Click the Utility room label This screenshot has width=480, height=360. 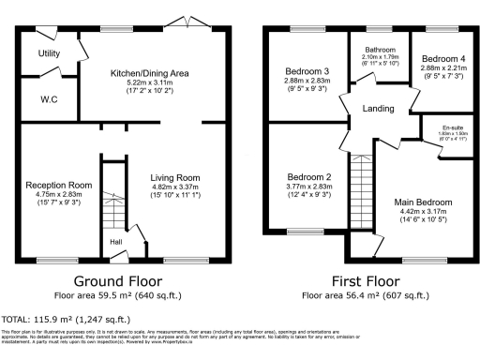click(49, 53)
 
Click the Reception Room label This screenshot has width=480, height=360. click(58, 185)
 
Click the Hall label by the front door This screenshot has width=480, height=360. click(116, 242)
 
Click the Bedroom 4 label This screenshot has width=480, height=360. click(439, 58)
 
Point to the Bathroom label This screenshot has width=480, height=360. click(380, 50)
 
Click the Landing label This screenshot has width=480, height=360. click(380, 109)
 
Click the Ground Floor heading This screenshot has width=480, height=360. click(117, 281)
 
